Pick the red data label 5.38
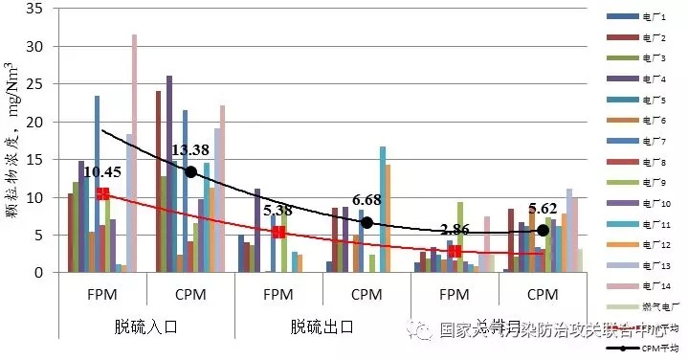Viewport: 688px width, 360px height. pos(278,210)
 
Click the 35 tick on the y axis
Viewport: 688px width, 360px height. pos(37,9)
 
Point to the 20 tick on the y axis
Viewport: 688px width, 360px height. pos(37,122)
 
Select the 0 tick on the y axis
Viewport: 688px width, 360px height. pos(41,273)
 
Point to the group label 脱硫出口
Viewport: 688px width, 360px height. pos(322,326)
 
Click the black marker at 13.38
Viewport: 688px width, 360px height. pos(190,171)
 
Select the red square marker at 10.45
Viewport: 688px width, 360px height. pos(102,194)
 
